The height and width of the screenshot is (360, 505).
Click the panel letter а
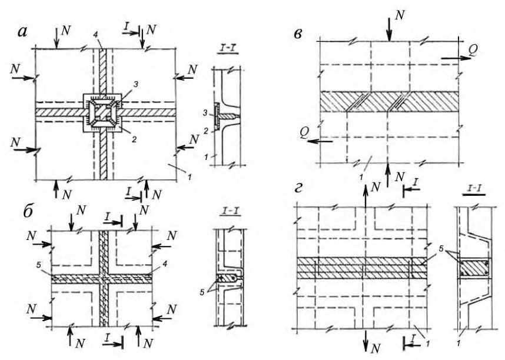click(x=22, y=32)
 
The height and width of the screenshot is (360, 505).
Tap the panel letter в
click(x=298, y=34)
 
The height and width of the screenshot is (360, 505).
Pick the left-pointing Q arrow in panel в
click(x=320, y=141)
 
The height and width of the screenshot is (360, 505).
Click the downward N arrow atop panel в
click(x=390, y=29)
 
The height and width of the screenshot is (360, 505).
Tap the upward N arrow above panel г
click(x=366, y=196)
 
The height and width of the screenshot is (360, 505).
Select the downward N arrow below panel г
click(x=366, y=340)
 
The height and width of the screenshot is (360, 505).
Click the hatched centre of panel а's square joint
click(x=102, y=113)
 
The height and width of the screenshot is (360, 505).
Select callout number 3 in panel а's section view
click(x=205, y=114)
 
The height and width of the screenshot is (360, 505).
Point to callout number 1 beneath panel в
click(x=362, y=177)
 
